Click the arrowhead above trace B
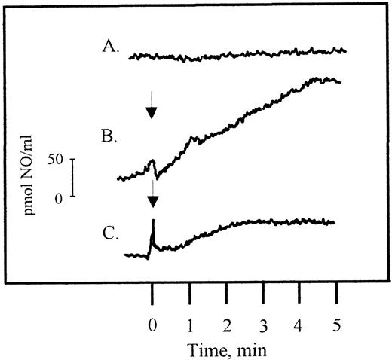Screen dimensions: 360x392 click(x=152, y=113)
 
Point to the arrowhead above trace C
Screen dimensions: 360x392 click(x=152, y=201)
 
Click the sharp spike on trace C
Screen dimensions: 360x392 click(x=153, y=222)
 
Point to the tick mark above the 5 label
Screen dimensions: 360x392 click(x=336, y=292)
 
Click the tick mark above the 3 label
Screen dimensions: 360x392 click(x=263, y=292)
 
